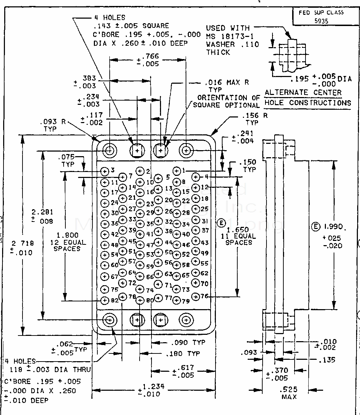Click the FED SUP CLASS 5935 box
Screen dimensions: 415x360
click(321, 17)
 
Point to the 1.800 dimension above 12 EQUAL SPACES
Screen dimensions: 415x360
click(67, 235)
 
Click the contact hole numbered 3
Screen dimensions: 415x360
click(105, 171)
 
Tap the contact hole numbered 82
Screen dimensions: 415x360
click(105, 301)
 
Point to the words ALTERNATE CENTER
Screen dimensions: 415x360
click(303, 92)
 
